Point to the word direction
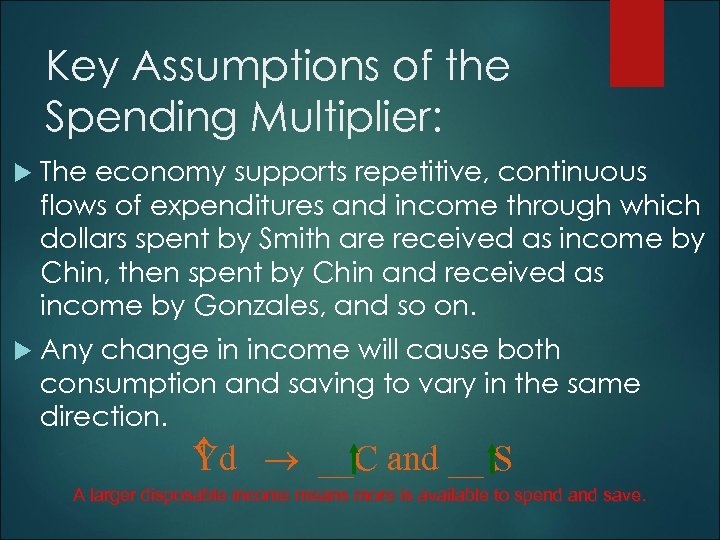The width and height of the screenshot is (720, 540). coord(99,416)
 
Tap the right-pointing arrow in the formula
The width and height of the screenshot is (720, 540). coord(277,461)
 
